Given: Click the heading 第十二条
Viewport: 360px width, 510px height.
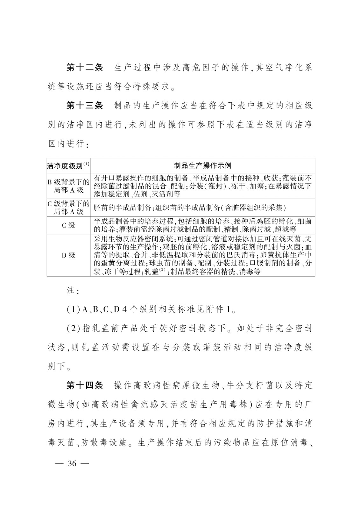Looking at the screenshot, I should pyautogui.click(x=85, y=68).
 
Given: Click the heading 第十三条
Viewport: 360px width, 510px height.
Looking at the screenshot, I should pyautogui.click(x=85, y=106).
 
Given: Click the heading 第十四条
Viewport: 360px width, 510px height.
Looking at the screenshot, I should pyautogui.click(x=85, y=385).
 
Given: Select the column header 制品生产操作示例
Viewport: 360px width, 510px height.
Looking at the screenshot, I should pyautogui.click(x=202, y=166).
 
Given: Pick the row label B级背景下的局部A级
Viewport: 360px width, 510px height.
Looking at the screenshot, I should pyautogui.click(x=68, y=186).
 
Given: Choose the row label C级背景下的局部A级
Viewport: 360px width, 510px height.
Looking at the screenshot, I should pyautogui.click(x=68, y=208).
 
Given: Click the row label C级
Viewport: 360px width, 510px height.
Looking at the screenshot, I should pyautogui.click(x=68, y=225).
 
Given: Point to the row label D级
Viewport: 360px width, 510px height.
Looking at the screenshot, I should pyautogui.click(x=68, y=255).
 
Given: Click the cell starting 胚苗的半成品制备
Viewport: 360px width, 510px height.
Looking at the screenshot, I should pyautogui.click(x=190, y=208).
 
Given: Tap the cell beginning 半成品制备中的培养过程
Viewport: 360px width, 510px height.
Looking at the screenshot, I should pyautogui.click(x=202, y=225).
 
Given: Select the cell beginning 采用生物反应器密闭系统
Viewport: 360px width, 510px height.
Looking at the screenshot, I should pyautogui.click(x=202, y=255).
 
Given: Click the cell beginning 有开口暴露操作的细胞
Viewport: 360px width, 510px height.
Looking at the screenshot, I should pyautogui.click(x=202, y=186).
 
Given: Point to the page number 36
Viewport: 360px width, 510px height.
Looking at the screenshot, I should pyautogui.click(x=72, y=463).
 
